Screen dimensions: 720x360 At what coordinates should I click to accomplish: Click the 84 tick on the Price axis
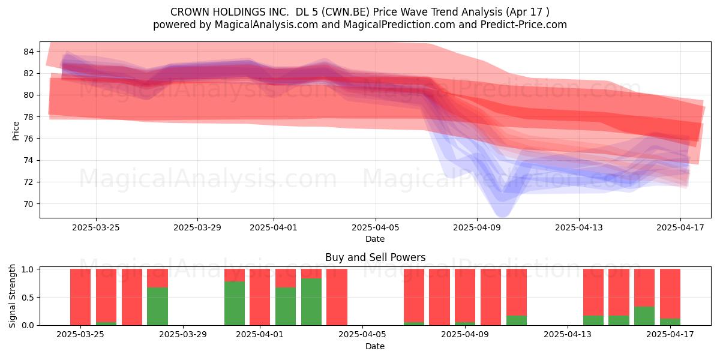(x=28, y=52)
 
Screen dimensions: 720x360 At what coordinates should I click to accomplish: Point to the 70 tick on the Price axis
(x=28, y=204)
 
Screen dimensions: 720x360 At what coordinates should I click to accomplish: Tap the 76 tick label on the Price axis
(x=28, y=139)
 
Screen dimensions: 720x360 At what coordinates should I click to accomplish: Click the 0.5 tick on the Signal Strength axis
(x=28, y=298)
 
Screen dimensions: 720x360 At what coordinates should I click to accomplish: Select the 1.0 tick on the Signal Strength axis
(x=28, y=269)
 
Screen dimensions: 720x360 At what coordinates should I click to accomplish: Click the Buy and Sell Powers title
(x=375, y=257)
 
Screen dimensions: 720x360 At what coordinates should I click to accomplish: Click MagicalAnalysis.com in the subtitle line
(x=266, y=25)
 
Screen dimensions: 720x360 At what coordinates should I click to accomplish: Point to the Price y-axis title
(x=16, y=131)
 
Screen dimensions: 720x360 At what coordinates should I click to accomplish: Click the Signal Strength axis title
(x=12, y=296)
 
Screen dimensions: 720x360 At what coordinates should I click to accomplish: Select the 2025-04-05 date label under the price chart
(x=375, y=227)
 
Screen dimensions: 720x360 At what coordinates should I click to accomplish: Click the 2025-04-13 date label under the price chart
(x=579, y=227)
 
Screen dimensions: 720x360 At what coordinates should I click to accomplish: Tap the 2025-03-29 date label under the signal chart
(x=183, y=335)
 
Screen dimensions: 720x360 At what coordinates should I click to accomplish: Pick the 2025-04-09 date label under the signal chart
(x=465, y=335)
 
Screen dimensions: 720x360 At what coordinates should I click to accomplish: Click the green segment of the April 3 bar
(x=311, y=302)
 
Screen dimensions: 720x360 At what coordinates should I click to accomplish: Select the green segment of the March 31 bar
(x=235, y=304)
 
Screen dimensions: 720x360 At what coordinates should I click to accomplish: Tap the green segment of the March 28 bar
(x=157, y=307)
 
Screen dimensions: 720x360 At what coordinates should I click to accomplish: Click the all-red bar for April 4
(x=337, y=297)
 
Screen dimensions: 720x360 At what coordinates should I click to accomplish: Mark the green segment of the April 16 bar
(x=644, y=316)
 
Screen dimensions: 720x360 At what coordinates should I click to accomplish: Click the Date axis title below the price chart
(x=375, y=239)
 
